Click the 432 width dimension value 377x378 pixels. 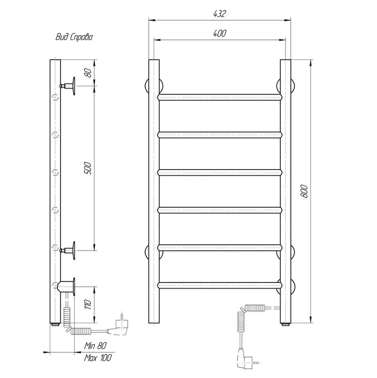219,14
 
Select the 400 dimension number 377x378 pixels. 220,33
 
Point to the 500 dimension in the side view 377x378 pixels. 88,168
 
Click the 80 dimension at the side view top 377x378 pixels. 88,73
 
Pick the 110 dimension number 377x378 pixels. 88,305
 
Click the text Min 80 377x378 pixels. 95,346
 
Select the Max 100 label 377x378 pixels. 98,358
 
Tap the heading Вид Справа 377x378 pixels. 74,37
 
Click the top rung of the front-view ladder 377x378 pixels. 220,97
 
